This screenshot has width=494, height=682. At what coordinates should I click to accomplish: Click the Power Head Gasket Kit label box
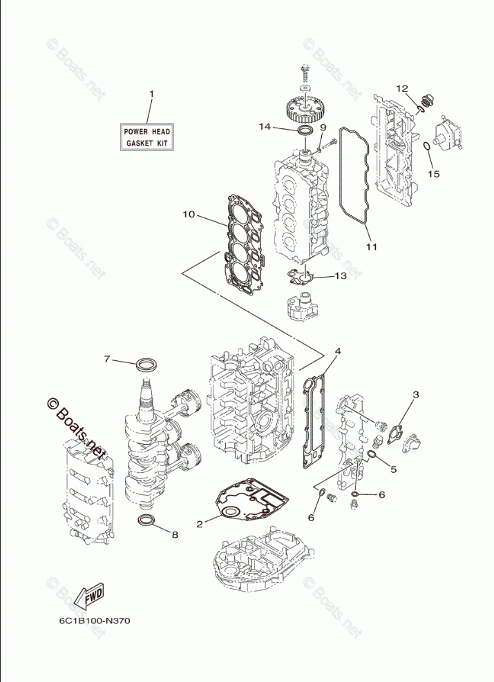click(146, 137)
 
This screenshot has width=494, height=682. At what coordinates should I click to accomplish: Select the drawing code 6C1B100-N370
click(95, 621)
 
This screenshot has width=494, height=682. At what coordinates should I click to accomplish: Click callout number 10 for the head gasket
click(189, 215)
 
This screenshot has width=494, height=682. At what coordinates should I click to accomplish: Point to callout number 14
click(265, 126)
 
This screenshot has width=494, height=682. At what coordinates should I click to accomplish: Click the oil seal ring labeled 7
click(146, 364)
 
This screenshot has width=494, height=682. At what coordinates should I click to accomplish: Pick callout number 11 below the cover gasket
click(371, 246)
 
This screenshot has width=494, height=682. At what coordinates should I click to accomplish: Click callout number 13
click(341, 275)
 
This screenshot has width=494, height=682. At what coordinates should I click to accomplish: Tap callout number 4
click(338, 351)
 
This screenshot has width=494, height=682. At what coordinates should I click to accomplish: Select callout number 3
click(416, 395)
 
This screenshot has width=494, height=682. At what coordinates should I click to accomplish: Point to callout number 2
click(200, 525)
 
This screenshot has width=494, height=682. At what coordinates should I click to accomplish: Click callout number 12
click(401, 89)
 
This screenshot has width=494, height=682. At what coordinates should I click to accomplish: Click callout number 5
click(393, 469)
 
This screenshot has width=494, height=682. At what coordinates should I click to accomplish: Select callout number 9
click(323, 128)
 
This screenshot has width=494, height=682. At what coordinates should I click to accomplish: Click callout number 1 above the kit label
click(152, 93)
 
